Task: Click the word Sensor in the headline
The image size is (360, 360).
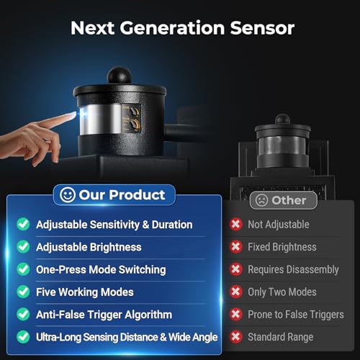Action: (262, 28)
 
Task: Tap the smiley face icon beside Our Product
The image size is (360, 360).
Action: (68, 195)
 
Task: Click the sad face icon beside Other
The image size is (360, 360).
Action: (261, 200)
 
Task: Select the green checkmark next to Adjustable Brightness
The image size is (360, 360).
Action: (23, 247)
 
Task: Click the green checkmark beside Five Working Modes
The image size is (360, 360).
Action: (23, 292)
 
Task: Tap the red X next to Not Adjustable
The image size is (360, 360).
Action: (235, 225)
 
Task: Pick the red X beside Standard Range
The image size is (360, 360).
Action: (235, 337)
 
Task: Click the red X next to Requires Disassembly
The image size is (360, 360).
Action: (235, 269)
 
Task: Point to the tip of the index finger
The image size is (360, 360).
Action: (75, 114)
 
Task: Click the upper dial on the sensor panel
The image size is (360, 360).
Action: (133, 112)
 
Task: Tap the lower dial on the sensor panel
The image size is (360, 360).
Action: (133, 125)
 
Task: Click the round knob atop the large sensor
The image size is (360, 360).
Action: (120, 76)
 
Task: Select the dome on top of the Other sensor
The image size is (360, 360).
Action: (282, 120)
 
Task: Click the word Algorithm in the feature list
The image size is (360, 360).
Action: (148, 315)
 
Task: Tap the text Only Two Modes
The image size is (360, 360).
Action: (282, 292)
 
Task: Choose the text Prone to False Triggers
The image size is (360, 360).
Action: (296, 315)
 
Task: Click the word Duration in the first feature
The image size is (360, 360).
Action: (172, 225)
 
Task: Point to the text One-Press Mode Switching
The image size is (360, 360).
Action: (101, 269)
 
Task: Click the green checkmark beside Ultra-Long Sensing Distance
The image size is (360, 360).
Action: (23, 337)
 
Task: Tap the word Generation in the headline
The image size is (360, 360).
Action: (172, 28)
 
